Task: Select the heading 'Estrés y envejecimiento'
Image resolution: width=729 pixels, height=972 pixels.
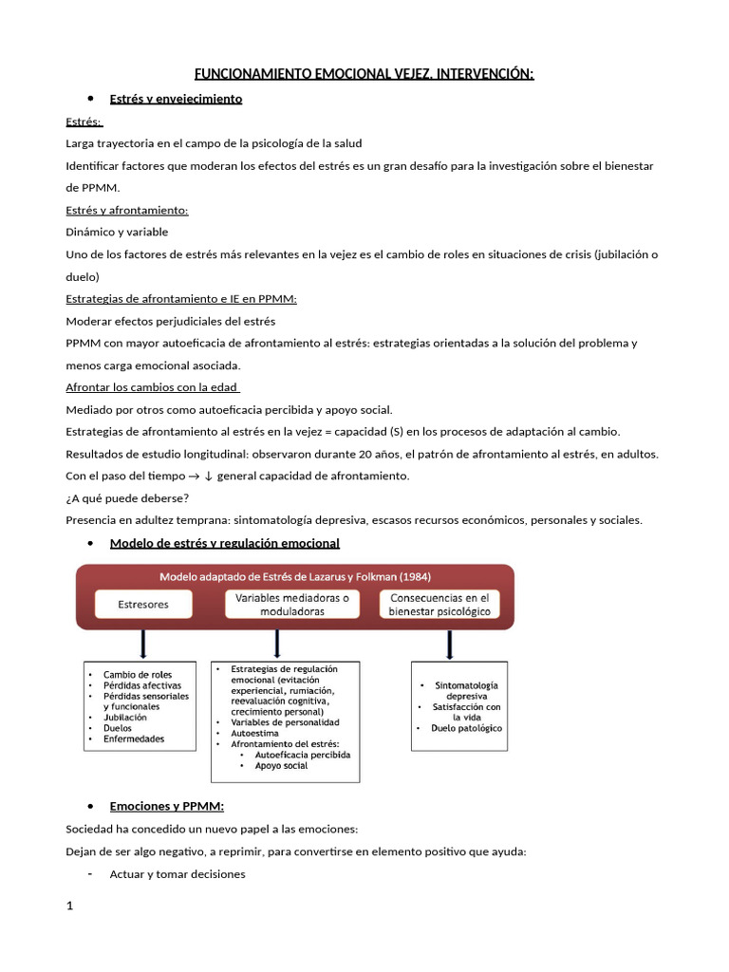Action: pyautogui.click(x=176, y=99)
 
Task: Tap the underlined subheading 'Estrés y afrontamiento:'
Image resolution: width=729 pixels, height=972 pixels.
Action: pyautogui.click(x=127, y=210)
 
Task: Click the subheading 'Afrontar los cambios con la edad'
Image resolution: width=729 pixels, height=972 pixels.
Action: pyautogui.click(x=152, y=387)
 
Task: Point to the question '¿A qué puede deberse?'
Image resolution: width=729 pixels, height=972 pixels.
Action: pyautogui.click(x=127, y=497)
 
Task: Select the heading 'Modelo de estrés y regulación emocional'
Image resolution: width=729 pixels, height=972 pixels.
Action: pyautogui.click(x=224, y=543)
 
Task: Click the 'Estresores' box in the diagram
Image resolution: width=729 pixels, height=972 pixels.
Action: pyautogui.click(x=143, y=604)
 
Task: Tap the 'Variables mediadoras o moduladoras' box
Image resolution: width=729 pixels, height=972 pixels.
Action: pyautogui.click(x=292, y=605)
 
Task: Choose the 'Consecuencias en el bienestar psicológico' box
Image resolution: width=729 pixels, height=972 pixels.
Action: pyautogui.click(x=439, y=605)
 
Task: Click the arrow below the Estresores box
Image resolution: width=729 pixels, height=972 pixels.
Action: pyautogui.click(x=143, y=644)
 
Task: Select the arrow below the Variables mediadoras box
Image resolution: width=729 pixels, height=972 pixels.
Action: pyautogui.click(x=275, y=644)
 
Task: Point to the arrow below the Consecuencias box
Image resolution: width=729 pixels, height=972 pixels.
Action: pyautogui.click(x=449, y=644)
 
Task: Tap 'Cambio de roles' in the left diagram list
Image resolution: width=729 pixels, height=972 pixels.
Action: pyautogui.click(x=137, y=675)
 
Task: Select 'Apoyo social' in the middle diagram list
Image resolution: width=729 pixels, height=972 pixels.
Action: pyautogui.click(x=282, y=765)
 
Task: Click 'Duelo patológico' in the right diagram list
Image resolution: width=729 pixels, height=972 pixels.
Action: pyautogui.click(x=466, y=728)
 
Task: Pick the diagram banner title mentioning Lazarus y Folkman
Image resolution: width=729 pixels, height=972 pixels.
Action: pyautogui.click(x=294, y=576)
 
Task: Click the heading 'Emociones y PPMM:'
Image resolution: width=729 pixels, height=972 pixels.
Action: pyautogui.click(x=167, y=806)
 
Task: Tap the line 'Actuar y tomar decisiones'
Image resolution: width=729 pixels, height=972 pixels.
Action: pyautogui.click(x=178, y=873)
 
